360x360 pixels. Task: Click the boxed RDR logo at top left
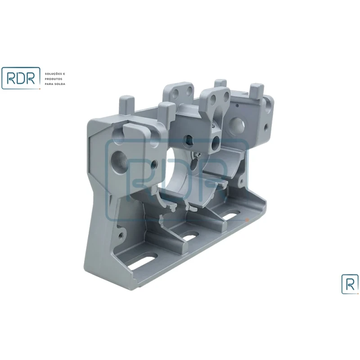pos(21,78)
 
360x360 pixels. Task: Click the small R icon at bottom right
pos(350,284)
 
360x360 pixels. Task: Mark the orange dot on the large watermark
pos(247,220)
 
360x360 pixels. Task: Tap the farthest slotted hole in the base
pos(229,216)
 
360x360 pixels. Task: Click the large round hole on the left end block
pos(119,159)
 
